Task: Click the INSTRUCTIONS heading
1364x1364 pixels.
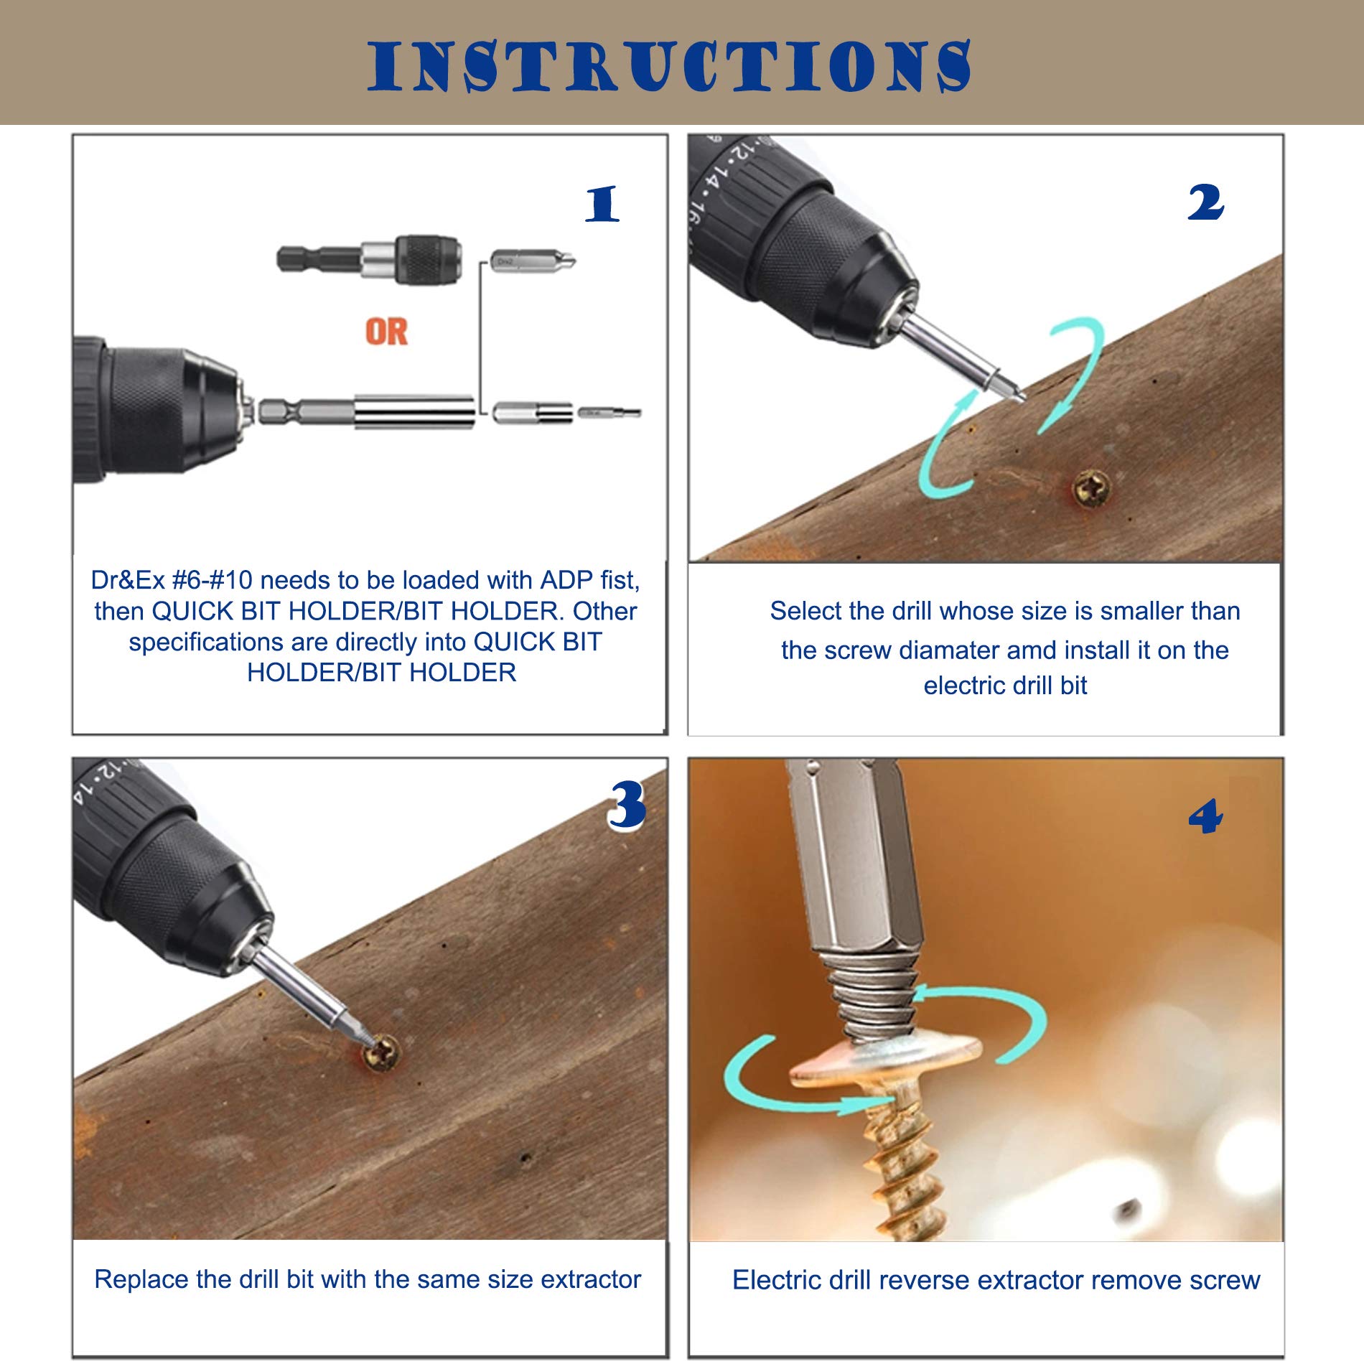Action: [669, 66]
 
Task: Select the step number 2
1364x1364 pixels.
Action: [1205, 202]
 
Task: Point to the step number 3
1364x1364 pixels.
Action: [627, 805]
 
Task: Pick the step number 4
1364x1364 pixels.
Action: [1205, 816]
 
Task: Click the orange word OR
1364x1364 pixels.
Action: [386, 332]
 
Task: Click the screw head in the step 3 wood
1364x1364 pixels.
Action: [381, 1055]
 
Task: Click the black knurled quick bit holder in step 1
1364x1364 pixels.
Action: [429, 259]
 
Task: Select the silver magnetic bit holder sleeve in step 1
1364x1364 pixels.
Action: [415, 412]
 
